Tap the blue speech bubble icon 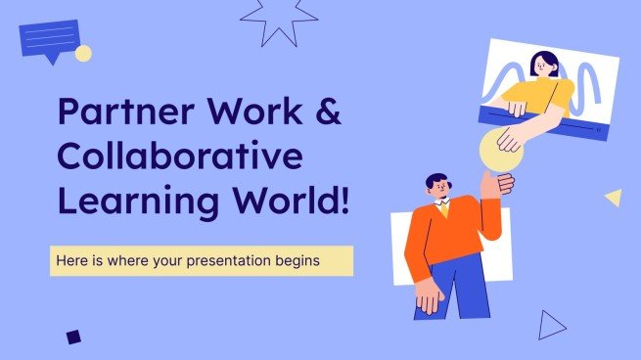tap(49, 40)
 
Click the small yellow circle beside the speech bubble tap(83, 53)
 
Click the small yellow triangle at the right tap(614, 198)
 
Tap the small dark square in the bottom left tap(73, 337)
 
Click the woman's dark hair tap(543, 63)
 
